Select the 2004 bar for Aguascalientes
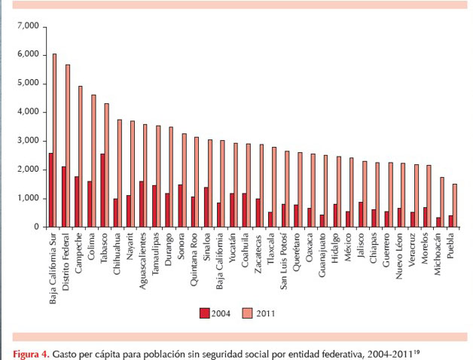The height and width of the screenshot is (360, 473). pos(140,203)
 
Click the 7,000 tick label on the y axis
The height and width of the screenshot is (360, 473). pos(26,26)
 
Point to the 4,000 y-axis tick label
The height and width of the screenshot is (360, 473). pos(26,112)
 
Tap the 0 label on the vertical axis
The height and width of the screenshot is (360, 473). pos(35,227)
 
